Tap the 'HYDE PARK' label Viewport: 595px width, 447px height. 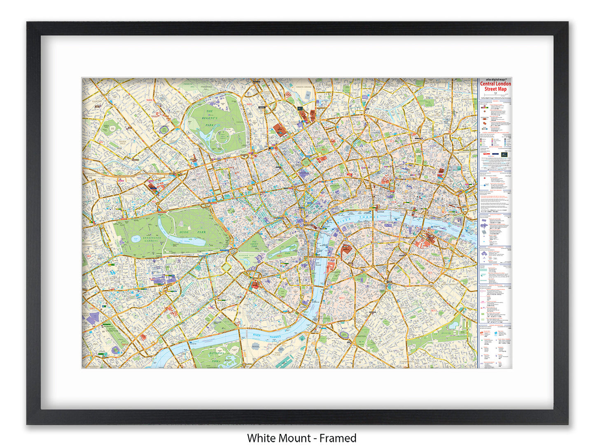tap(193, 232)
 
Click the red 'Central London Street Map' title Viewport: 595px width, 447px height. tap(495, 86)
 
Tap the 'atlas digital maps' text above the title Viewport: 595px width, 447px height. tap(495, 80)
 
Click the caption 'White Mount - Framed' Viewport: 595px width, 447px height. tap(301, 438)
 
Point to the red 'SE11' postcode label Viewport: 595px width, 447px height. tap(341, 298)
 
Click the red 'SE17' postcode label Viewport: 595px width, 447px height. tap(434, 311)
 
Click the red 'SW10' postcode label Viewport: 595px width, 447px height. tap(123, 343)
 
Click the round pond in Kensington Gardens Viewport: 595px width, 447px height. tap(135, 238)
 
